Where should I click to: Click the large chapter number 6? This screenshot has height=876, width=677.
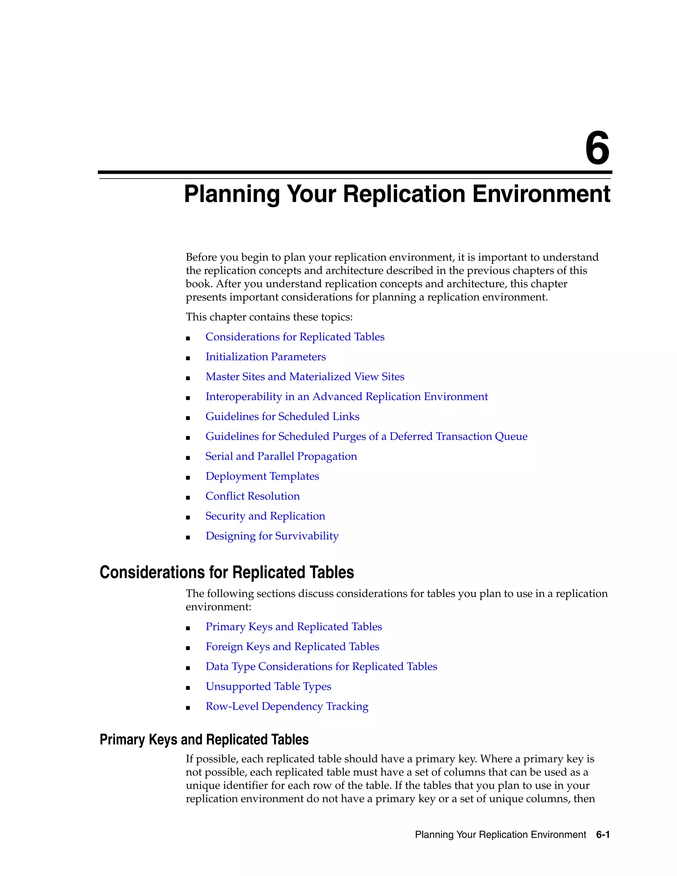tap(597, 149)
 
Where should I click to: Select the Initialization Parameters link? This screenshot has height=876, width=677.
tap(265, 357)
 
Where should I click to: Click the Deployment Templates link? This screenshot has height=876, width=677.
tap(262, 476)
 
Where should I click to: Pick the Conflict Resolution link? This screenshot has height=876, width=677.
tap(252, 496)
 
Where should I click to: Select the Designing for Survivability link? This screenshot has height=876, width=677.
tap(272, 536)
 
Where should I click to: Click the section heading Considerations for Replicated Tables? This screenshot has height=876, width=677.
tap(226, 572)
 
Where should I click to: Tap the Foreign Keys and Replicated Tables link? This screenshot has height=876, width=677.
tap(292, 647)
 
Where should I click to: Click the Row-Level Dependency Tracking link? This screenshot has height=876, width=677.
tap(287, 706)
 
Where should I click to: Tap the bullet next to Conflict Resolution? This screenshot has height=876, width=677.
tap(188, 498)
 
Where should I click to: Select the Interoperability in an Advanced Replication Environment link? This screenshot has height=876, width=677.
tap(346, 397)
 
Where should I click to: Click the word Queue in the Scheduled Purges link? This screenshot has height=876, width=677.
tap(511, 436)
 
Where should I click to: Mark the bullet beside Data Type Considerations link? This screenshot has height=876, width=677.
tap(188, 668)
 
